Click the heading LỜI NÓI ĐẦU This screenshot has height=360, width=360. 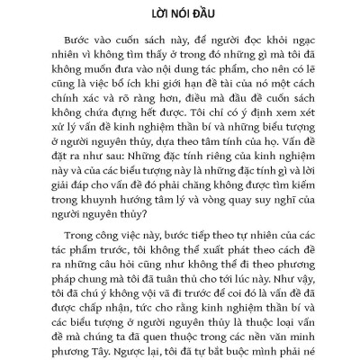point(180,17)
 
